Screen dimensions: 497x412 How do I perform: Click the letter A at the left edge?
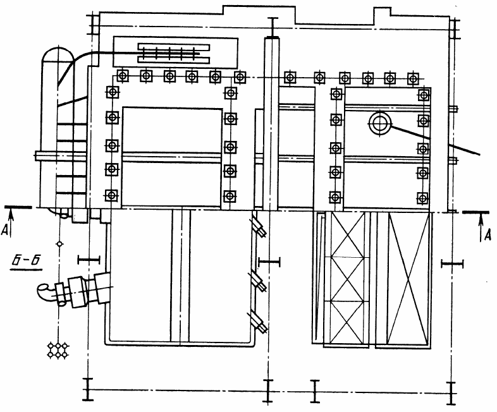(x=4, y=230)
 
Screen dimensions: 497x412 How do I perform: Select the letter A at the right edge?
(x=488, y=235)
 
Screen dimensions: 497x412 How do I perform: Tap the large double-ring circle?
(x=380, y=123)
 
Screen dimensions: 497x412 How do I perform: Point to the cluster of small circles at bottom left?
(x=58, y=350)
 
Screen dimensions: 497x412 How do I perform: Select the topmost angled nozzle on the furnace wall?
(x=259, y=225)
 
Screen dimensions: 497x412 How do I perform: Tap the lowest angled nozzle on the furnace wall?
(x=259, y=322)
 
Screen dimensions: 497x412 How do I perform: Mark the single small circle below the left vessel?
(x=59, y=244)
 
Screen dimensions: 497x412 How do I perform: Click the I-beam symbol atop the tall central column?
(x=273, y=27)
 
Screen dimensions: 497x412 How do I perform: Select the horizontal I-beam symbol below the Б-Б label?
(x=89, y=260)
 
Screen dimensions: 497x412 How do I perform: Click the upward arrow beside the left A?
(x=11, y=223)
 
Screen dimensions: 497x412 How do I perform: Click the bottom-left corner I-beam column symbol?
(x=88, y=389)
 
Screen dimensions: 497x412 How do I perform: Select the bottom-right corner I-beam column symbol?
(x=451, y=393)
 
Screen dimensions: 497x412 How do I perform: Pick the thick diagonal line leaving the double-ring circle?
(x=436, y=140)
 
